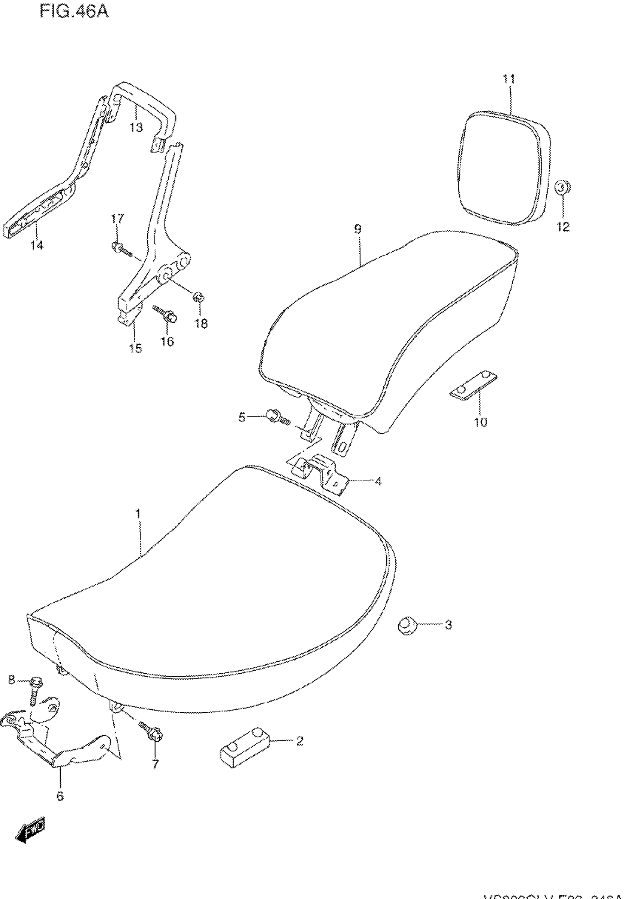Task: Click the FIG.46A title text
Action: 74,12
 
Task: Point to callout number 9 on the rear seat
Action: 357,229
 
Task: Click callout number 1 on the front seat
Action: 138,513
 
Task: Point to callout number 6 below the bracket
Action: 60,796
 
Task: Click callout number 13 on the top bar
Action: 136,127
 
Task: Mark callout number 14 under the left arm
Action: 37,245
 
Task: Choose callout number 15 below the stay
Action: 135,348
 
